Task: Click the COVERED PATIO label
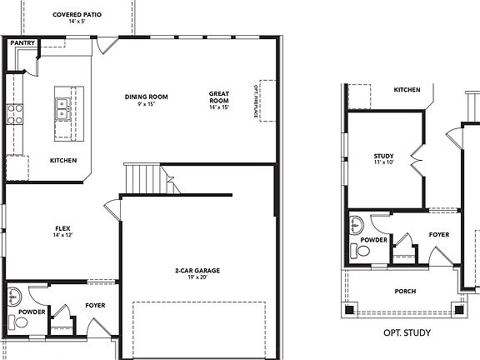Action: [x=77, y=14]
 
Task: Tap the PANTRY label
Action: [x=22, y=42]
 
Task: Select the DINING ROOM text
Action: [x=147, y=97]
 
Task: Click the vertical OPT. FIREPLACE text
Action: [x=256, y=101]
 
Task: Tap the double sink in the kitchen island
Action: [x=62, y=106]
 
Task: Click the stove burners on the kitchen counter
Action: [x=15, y=112]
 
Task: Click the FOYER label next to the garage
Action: [x=95, y=306]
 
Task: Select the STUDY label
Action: [x=383, y=156]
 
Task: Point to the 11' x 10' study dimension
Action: [x=383, y=163]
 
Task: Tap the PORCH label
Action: [x=404, y=291]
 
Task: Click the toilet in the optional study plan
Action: [x=363, y=250]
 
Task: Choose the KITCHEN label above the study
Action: [x=407, y=90]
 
